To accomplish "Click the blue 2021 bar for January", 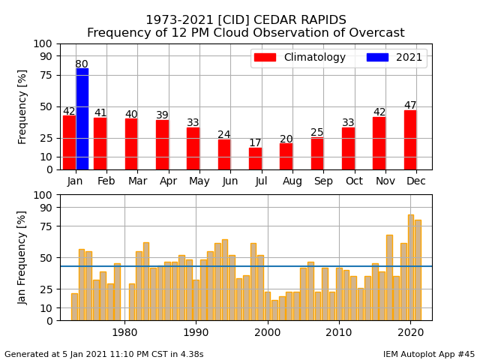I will point(82,118).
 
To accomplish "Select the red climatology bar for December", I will point(410,139).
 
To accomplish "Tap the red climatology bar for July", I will point(256,158).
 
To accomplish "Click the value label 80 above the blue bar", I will point(82,64).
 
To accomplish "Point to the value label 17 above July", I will point(256,142).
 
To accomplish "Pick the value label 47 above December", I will point(410,106).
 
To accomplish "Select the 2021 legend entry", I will point(394,58).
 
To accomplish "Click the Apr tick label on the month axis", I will point(168,181).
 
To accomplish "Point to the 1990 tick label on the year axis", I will point(196,332).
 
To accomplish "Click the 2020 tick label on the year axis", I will point(410,332).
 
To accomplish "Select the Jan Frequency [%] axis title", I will point(22,257).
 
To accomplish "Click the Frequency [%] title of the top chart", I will point(22,106).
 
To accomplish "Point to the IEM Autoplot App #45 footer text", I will point(428,354).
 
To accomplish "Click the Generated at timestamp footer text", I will point(103,354).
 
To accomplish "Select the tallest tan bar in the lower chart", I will point(411,268).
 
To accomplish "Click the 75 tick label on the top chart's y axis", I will point(47,75).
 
